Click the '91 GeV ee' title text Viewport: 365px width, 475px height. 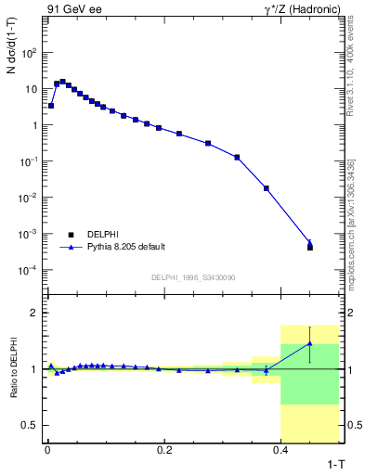pos(71,10)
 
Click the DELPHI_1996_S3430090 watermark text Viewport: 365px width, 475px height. pos(192,277)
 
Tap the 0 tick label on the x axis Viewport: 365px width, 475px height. pos(46,450)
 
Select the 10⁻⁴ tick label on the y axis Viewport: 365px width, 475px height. pos(28,270)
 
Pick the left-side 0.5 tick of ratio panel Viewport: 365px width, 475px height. pos(32,425)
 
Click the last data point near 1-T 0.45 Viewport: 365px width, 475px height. pos(310,247)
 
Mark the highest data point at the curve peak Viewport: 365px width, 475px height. pos(62,82)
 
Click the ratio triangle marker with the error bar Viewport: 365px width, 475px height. pos(310,344)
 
